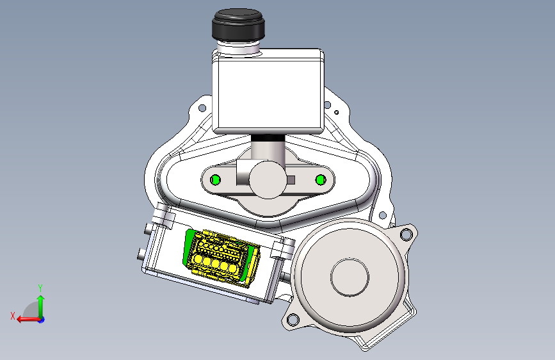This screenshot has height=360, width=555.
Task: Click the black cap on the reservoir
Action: (x=238, y=25)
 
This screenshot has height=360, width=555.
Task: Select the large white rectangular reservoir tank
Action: (x=268, y=91)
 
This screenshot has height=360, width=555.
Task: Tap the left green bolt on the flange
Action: (x=215, y=179)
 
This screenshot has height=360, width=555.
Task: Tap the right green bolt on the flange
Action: (x=321, y=180)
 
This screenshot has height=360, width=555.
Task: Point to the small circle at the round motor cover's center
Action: (x=350, y=277)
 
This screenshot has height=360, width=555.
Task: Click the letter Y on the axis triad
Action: (x=40, y=288)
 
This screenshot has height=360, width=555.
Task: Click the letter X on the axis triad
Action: (x=13, y=316)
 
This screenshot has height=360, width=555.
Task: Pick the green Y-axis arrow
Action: (x=41, y=306)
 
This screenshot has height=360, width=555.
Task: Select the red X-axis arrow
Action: (x=28, y=320)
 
